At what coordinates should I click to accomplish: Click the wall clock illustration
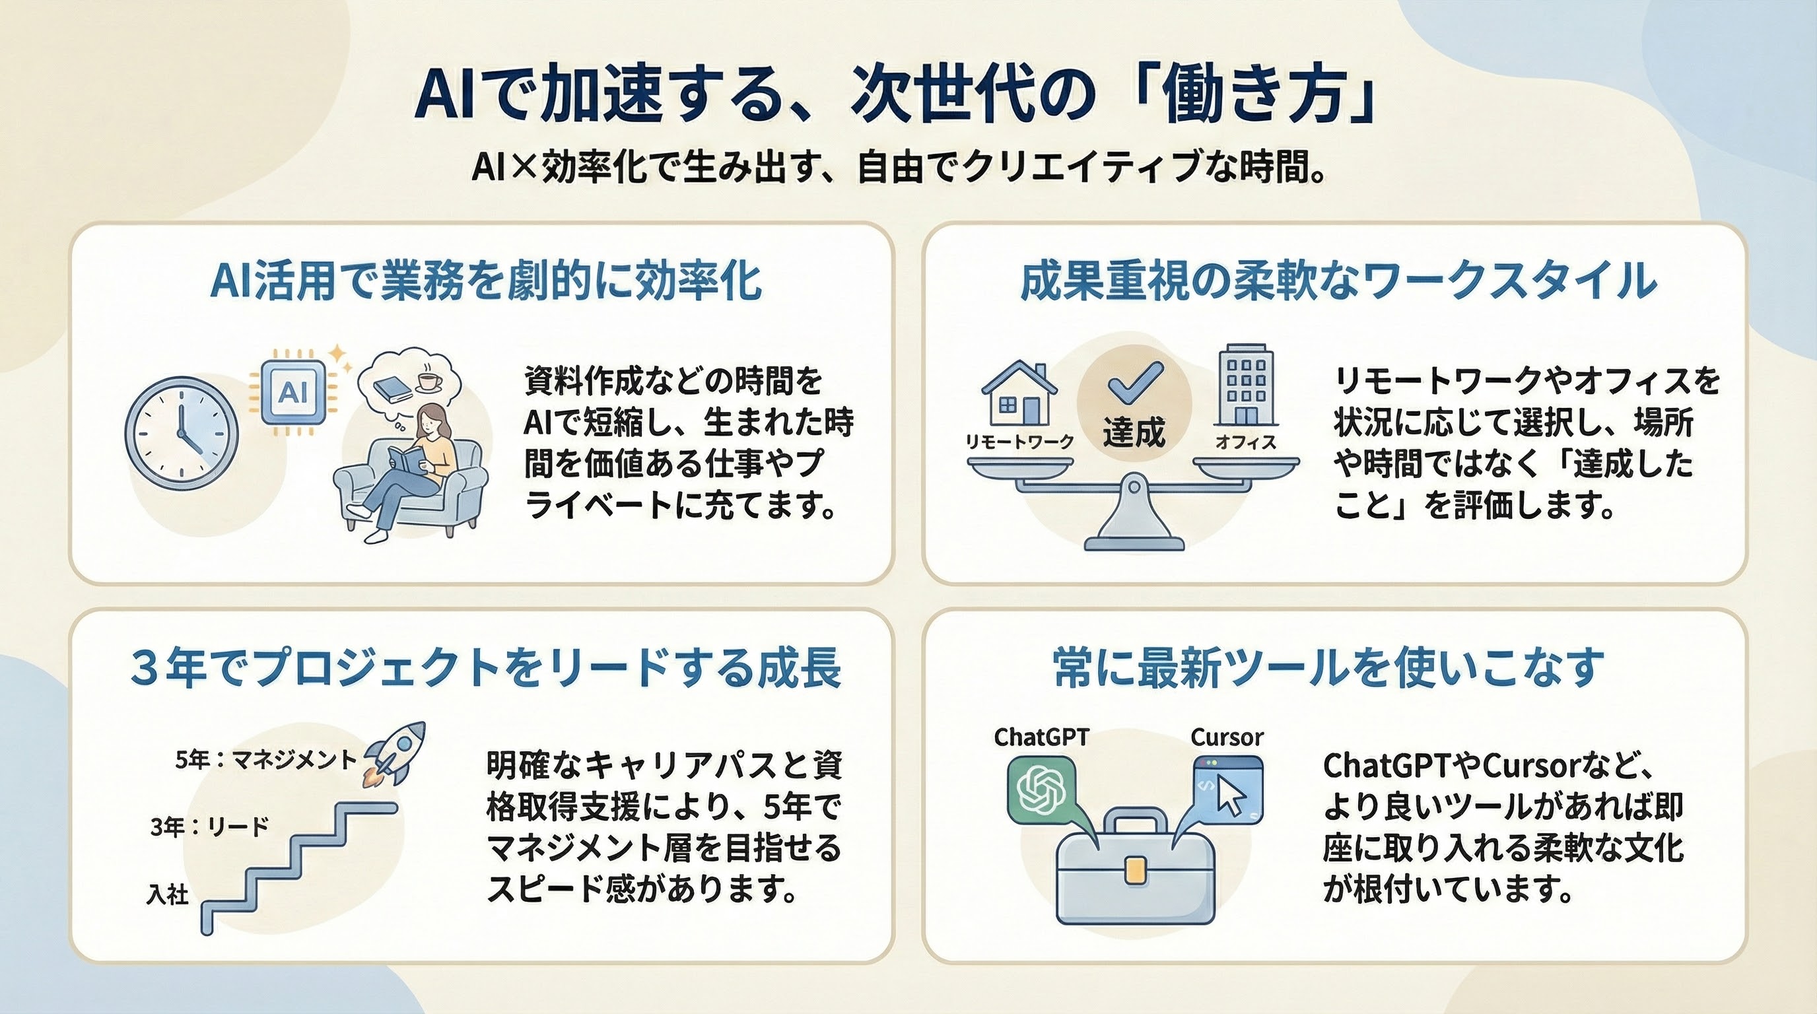point(182,433)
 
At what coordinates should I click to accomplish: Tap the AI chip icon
point(293,392)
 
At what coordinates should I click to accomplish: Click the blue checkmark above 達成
point(1135,382)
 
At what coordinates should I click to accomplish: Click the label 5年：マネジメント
point(266,760)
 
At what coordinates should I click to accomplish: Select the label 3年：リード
point(209,826)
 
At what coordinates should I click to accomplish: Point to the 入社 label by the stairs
point(167,894)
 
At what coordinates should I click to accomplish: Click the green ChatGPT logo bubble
point(1043,790)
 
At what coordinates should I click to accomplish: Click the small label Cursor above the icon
point(1227,737)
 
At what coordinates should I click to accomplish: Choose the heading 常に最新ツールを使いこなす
point(1329,668)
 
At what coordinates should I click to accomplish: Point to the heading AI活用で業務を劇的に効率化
point(486,281)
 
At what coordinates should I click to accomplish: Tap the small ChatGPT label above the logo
point(1041,737)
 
